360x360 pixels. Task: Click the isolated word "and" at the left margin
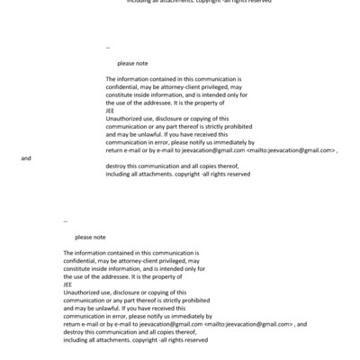26,158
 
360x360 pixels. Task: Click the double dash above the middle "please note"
108,46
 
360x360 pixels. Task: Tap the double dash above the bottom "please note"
66,219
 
